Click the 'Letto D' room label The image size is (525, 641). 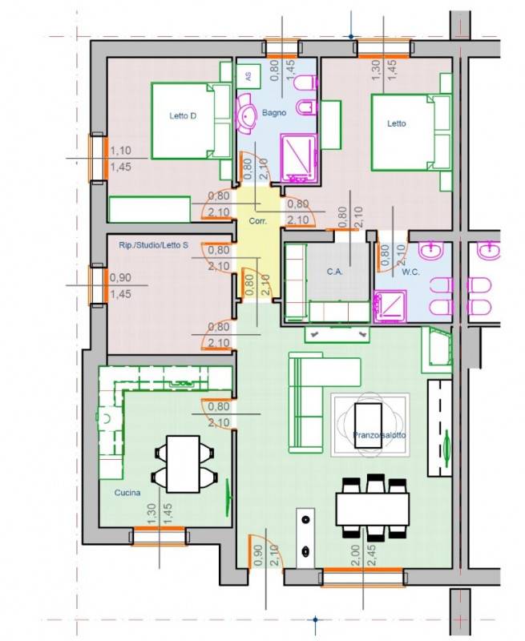tap(183, 116)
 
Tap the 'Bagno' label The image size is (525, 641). tap(274, 112)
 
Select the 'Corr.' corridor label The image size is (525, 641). tap(257, 221)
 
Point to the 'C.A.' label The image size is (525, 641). tap(334, 272)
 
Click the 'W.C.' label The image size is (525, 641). tap(410, 272)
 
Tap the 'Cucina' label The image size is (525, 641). tap(127, 493)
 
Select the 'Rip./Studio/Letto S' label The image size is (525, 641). tap(154, 245)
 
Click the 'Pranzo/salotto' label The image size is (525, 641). tap(379, 435)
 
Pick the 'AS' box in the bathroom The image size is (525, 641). tap(248, 76)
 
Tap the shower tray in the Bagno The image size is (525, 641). tap(299, 157)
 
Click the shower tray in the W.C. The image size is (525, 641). tap(390, 305)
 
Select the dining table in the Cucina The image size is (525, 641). tap(183, 464)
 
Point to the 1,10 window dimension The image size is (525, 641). tap(120, 151)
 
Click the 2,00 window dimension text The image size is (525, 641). tap(355, 555)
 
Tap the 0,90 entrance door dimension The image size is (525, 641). tap(257, 555)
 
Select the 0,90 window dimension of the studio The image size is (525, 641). tap(120, 277)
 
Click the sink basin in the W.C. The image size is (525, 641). tap(432, 250)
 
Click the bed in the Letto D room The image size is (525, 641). tap(192, 121)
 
